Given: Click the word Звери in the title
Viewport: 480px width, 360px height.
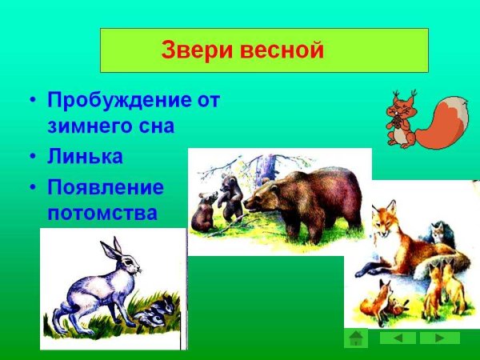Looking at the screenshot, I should [x=190, y=50].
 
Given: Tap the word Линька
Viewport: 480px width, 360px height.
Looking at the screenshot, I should [x=85, y=157].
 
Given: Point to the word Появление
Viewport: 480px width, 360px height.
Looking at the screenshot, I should [x=106, y=188].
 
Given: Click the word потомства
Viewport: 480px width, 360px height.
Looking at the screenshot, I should [x=102, y=214].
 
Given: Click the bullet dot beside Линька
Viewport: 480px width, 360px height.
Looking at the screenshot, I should [x=32, y=157].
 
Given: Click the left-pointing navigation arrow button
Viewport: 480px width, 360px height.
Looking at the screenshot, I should [x=398, y=338].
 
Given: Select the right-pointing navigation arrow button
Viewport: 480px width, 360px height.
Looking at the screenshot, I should [x=440, y=338].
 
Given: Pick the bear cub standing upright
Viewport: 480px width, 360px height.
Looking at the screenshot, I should [x=231, y=198].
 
